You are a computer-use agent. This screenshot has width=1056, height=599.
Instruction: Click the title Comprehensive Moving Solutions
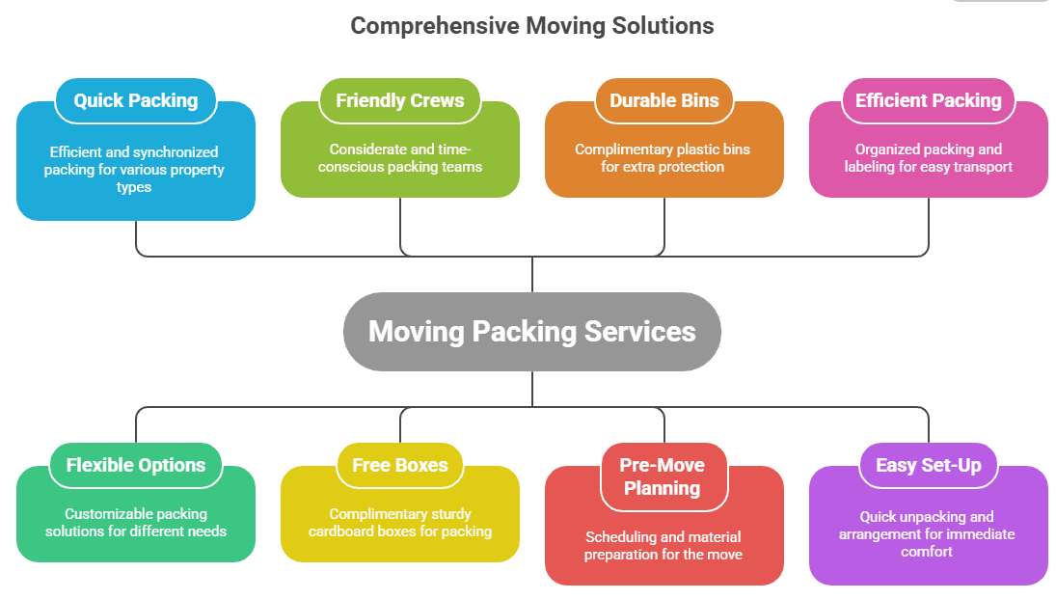pyautogui.click(x=531, y=26)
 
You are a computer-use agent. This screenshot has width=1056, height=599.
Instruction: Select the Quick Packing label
pyautogui.click(x=136, y=100)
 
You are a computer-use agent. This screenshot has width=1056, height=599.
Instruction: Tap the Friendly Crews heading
pyautogui.click(x=399, y=100)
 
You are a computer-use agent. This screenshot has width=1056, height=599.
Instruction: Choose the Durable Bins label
pyautogui.click(x=663, y=100)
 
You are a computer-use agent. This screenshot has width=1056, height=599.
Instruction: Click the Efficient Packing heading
pyautogui.click(x=928, y=100)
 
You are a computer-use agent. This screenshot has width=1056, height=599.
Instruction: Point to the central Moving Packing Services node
pyautogui.click(x=531, y=332)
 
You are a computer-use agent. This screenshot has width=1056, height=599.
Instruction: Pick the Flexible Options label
pyautogui.click(x=136, y=465)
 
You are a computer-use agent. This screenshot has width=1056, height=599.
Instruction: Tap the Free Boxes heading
pyautogui.click(x=399, y=465)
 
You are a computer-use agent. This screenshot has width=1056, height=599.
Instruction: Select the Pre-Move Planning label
pyautogui.click(x=663, y=476)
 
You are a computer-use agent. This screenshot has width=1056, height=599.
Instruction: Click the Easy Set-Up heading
pyautogui.click(x=928, y=465)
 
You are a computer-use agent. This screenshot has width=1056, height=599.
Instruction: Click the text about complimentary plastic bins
pyautogui.click(x=663, y=158)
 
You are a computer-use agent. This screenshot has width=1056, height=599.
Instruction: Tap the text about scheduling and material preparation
pyautogui.click(x=663, y=545)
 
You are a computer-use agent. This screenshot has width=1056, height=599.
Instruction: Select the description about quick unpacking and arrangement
pyautogui.click(x=927, y=534)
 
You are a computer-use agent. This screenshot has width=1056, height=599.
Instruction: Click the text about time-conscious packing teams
pyautogui.click(x=399, y=158)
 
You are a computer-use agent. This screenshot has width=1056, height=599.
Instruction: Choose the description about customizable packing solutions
pyautogui.click(x=135, y=523)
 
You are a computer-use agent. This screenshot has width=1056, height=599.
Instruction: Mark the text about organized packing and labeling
pyautogui.click(x=928, y=158)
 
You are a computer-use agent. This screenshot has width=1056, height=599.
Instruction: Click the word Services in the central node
pyautogui.click(x=639, y=332)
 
